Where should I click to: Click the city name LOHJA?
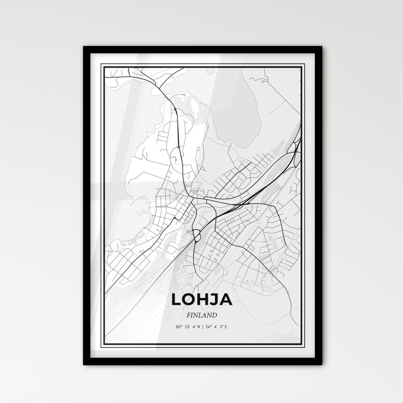[202, 300]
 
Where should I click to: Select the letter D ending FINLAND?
[215, 315]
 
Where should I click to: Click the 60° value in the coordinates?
[180, 327]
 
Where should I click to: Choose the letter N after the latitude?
[199, 327]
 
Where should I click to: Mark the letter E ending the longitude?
[226, 327]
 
